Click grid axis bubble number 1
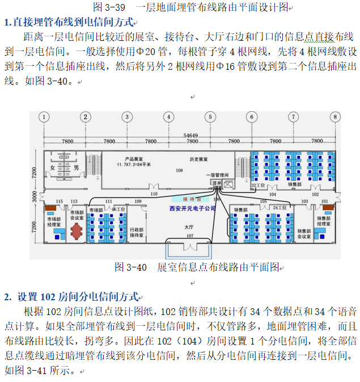[43, 117]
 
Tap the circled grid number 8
[336, 117]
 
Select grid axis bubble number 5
[210, 117]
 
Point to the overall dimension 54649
[190, 135]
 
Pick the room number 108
[179, 170]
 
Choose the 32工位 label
[258, 185]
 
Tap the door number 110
[153, 194]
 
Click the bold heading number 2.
[7, 296]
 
